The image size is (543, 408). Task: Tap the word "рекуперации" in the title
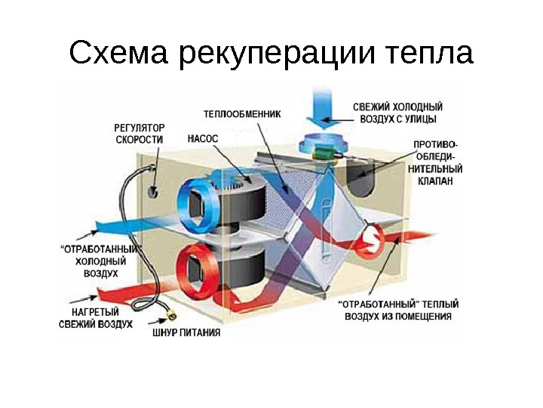pyautogui.click(x=278, y=55)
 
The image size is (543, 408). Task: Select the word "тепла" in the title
pyautogui.click(x=428, y=55)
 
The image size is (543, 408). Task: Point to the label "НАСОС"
pyautogui.click(x=202, y=139)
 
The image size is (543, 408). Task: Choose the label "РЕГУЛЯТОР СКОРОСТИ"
pyautogui.click(x=139, y=134)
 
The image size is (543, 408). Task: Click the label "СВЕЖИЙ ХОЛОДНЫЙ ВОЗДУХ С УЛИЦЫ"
pyautogui.click(x=397, y=113)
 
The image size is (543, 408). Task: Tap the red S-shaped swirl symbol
pyautogui.click(x=370, y=241)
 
